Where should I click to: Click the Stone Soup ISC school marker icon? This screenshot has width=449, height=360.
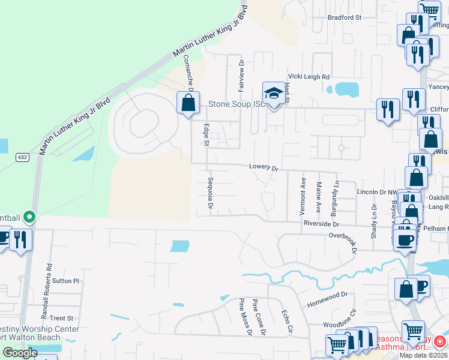(x=274, y=94)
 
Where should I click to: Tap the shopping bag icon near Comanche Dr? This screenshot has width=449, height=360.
(x=188, y=102)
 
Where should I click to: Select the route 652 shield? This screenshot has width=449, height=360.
(x=22, y=157)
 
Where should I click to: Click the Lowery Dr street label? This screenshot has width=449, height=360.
(x=264, y=168)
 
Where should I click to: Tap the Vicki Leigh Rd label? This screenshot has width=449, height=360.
(x=309, y=77)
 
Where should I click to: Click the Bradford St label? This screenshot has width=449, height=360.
(x=345, y=17)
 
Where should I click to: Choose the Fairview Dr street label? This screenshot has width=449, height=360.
(x=242, y=75)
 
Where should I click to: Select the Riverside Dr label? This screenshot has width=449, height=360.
(x=322, y=224)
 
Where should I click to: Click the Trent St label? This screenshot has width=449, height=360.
(x=61, y=318)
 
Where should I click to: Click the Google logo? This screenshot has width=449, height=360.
(x=20, y=353)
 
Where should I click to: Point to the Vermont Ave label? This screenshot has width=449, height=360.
(x=303, y=188)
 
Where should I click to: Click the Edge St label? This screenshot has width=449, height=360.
(x=206, y=134)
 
